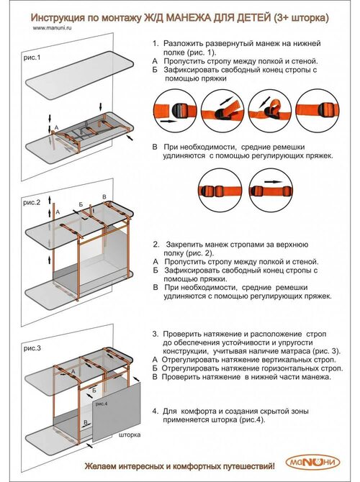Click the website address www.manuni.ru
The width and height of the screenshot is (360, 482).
click(53, 27)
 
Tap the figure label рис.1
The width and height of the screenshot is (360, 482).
click(32, 58)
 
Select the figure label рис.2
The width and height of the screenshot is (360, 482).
click(32, 203)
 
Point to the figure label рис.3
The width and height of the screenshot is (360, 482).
click(32, 348)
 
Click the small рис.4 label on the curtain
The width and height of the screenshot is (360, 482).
click(102, 404)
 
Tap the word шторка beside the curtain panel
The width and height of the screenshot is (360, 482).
click(130, 435)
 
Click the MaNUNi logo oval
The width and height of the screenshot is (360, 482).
click(312, 463)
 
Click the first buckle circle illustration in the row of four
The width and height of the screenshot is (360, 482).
click(176, 111)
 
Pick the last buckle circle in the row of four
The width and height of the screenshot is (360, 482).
click(318, 110)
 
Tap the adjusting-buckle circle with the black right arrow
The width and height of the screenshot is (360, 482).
click(271, 190)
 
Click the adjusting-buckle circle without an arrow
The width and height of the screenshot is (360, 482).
click(220, 190)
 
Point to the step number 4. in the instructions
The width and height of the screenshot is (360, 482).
click(156, 411)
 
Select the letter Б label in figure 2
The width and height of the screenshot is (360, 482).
click(81, 204)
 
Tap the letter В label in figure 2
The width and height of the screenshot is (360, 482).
click(104, 197)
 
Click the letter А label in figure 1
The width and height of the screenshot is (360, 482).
click(56, 127)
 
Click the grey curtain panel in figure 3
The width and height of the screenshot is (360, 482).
click(117, 412)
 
